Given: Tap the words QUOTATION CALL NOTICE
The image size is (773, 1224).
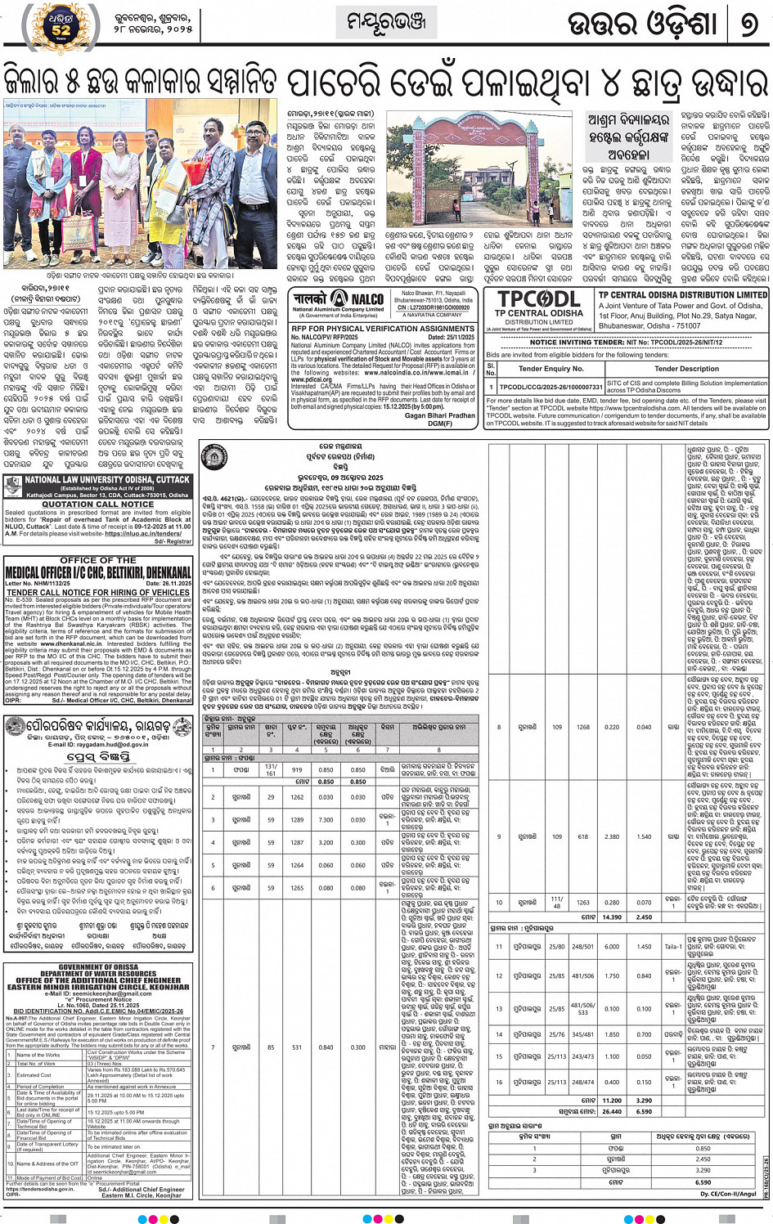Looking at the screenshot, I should click(x=98, y=504).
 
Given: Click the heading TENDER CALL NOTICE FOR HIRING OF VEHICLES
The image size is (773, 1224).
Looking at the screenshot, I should click(x=98, y=593).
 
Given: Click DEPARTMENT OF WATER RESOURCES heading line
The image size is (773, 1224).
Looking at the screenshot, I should click(x=98, y=974).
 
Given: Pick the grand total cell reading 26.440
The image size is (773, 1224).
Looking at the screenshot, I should click(x=611, y=1111).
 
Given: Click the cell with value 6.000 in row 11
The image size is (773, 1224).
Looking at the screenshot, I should click(x=611, y=947).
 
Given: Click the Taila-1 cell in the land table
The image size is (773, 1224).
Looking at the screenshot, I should click(x=672, y=947).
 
